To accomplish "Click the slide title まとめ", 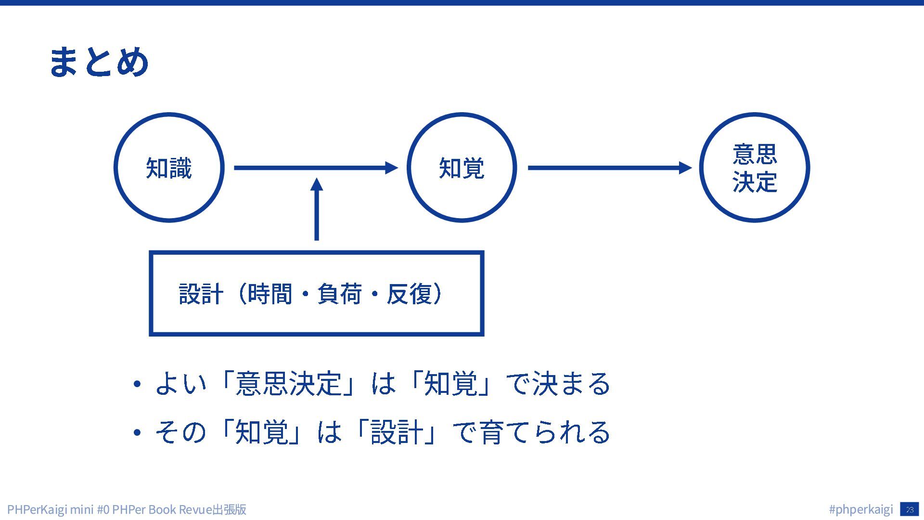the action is [x=99, y=62].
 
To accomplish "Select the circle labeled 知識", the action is [x=169, y=168].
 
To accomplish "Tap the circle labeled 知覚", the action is [x=462, y=168].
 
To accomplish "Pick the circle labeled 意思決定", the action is [x=754, y=168].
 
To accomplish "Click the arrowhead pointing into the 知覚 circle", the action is [x=391, y=168].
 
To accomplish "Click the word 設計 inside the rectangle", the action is [x=201, y=294].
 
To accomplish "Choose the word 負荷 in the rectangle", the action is [x=339, y=294].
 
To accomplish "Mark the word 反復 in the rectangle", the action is [x=409, y=294].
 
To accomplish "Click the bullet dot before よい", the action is [x=137, y=384].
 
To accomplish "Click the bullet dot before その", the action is [x=137, y=432].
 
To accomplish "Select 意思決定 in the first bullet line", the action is [x=288, y=384].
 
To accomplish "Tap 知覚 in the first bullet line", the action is [x=450, y=384].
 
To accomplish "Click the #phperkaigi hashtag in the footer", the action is [x=861, y=509].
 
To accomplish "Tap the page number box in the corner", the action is [x=909, y=509].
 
